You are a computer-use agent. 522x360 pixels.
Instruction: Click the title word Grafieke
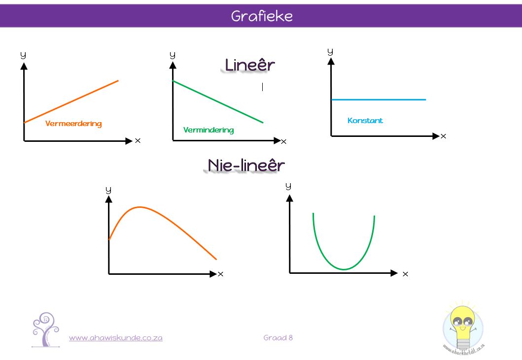[x=262, y=16]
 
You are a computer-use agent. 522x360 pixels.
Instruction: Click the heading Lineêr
[x=250, y=65]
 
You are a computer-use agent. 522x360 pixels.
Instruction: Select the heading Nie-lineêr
[x=246, y=165]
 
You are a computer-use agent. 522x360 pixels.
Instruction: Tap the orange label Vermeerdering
[x=73, y=124]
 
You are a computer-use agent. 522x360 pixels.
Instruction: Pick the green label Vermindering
[x=209, y=130]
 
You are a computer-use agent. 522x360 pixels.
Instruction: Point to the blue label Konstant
[x=365, y=121]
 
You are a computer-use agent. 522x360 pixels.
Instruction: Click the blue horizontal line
[x=379, y=99]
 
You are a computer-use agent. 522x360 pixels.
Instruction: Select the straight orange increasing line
[x=71, y=101]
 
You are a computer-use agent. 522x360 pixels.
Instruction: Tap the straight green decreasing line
[x=218, y=102]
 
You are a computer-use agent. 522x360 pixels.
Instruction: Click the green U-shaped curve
[x=344, y=269]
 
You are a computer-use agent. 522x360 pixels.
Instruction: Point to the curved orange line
[x=140, y=207]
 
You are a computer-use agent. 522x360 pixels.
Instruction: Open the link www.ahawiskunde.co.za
[x=115, y=338]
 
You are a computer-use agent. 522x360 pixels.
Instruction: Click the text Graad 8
[x=278, y=338]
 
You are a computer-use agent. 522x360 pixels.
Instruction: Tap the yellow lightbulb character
[x=463, y=327]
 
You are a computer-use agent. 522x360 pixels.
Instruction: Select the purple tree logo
[x=46, y=329]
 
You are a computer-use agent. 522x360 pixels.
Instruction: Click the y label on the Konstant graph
[x=330, y=52]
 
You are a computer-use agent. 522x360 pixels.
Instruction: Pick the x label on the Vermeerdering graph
[x=138, y=141]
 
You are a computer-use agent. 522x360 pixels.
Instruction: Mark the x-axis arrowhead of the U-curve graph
[x=394, y=273]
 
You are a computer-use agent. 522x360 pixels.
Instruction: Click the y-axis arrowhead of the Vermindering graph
[x=173, y=65]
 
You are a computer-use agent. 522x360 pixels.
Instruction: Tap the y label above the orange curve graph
[x=108, y=190]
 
